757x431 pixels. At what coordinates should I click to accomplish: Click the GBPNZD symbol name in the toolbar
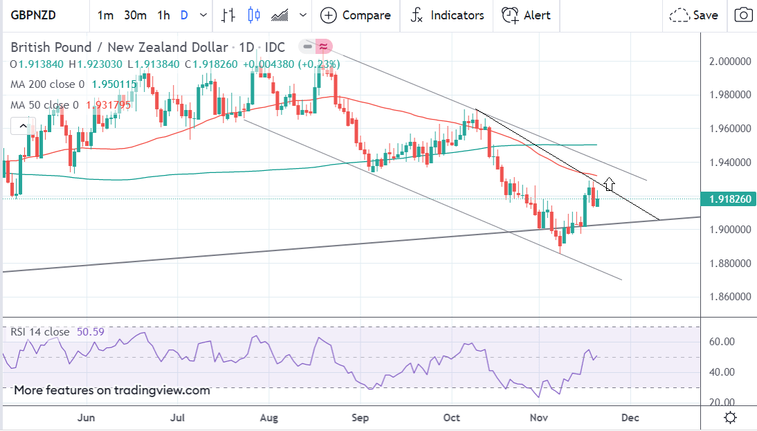(34, 15)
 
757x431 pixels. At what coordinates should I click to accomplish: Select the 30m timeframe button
(135, 15)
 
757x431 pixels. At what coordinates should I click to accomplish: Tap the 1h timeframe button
(163, 15)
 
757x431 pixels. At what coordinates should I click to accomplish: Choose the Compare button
(356, 15)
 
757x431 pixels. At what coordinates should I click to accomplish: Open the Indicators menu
(446, 15)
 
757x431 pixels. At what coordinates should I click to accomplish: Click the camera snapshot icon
(743, 15)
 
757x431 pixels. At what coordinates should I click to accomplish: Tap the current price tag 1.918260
(729, 199)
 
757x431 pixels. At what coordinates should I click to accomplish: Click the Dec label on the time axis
(630, 417)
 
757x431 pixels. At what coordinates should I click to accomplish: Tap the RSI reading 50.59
(89, 332)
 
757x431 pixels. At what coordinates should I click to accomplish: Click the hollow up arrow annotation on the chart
(610, 184)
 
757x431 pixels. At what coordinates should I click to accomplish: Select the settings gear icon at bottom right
(730, 417)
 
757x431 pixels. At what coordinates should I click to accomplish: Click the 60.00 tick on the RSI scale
(726, 341)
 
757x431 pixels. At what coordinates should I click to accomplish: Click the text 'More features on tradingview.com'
(112, 390)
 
